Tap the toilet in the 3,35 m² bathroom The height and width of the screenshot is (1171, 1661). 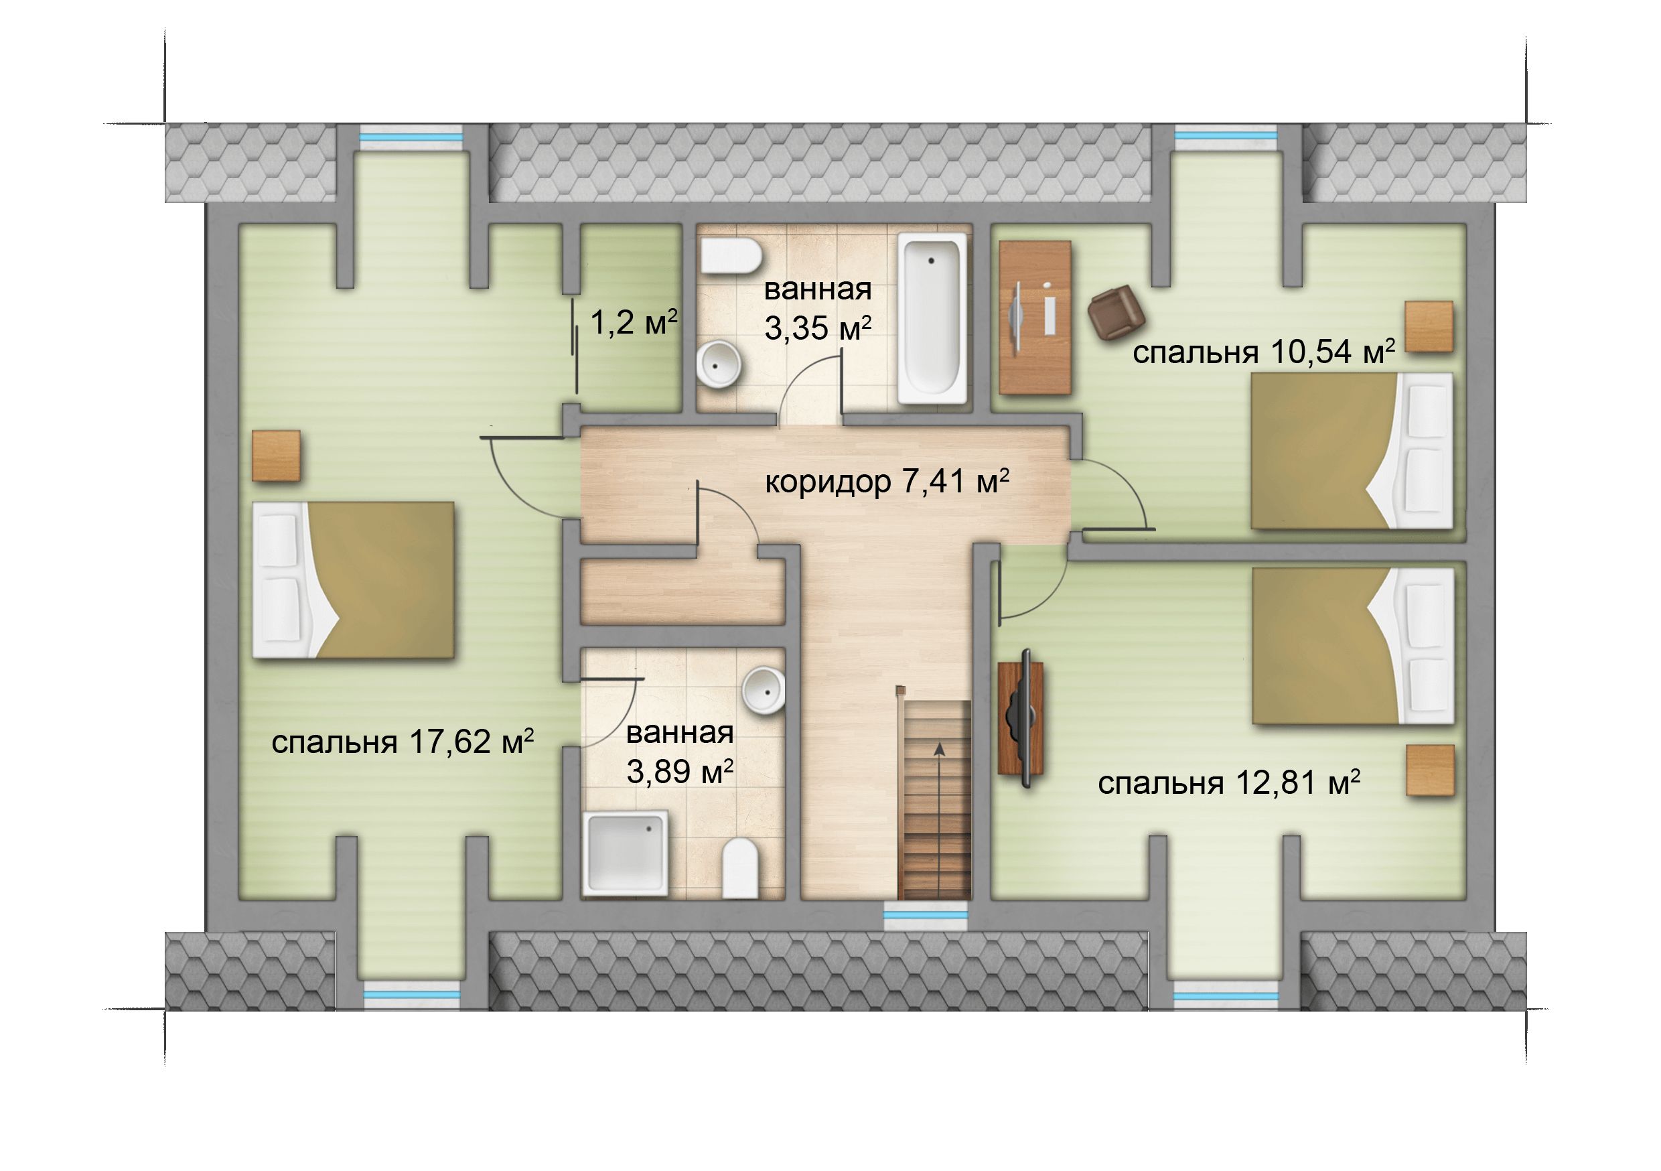coord(731,257)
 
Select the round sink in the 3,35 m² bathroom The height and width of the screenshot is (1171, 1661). coord(720,366)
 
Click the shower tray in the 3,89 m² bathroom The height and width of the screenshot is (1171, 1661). coord(626,853)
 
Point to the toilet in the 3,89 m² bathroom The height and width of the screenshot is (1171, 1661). coord(739,868)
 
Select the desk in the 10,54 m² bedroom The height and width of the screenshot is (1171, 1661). coord(1035,318)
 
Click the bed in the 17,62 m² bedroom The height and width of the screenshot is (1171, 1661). coord(353,579)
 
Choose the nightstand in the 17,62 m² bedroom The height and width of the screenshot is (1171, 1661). coord(276,456)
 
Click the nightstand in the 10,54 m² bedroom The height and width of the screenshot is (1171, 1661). coord(1429,326)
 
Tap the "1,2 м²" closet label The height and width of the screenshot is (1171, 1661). coord(634,322)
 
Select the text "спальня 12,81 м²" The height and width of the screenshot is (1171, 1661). coord(1228,783)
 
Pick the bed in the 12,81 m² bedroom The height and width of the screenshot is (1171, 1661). coord(1353,646)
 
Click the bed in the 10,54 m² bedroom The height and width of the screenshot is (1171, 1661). coord(1352,451)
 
